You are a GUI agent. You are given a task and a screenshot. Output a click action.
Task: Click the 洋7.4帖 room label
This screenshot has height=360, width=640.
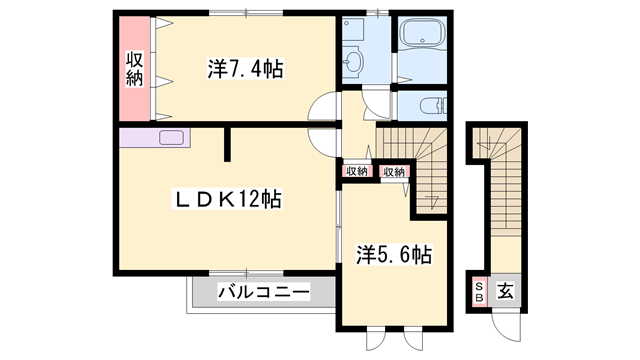coord(245,69)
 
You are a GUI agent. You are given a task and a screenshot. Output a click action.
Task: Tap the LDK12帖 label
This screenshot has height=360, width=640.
coord(228,199)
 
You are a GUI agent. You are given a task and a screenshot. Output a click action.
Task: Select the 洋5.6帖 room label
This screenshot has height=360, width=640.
coord(394,255)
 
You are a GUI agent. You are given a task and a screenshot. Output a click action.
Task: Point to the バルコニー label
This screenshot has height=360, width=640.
coord(264,292)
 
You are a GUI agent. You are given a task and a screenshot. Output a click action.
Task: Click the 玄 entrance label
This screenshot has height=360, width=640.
coord(505,291)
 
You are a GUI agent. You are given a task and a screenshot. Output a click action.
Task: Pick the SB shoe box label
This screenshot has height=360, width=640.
coord(479,291)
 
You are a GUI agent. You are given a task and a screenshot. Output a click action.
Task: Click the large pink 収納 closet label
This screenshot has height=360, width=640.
coord(135,69)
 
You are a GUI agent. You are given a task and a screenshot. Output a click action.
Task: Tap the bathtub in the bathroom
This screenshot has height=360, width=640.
coord(422,32)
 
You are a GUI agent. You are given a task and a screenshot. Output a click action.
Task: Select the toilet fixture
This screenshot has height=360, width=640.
coord(433,106)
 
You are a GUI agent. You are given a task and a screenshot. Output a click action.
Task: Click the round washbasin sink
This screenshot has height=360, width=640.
coord(351,62)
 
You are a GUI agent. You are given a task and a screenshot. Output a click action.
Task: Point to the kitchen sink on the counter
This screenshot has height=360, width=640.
coord(171,138)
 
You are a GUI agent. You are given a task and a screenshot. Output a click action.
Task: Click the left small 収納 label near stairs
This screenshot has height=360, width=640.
coord(357,171)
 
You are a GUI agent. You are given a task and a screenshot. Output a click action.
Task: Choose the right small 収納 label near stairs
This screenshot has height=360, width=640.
coord(394,172)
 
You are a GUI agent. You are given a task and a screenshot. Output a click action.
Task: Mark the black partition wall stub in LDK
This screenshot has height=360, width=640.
coord(227,144)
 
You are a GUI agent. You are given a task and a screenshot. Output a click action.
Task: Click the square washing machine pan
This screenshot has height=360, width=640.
coord(353,28)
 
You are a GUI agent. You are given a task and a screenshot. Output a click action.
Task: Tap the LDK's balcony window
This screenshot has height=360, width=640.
coord(247,272)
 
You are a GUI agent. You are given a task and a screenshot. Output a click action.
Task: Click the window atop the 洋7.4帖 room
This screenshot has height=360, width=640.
coord(247,13)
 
